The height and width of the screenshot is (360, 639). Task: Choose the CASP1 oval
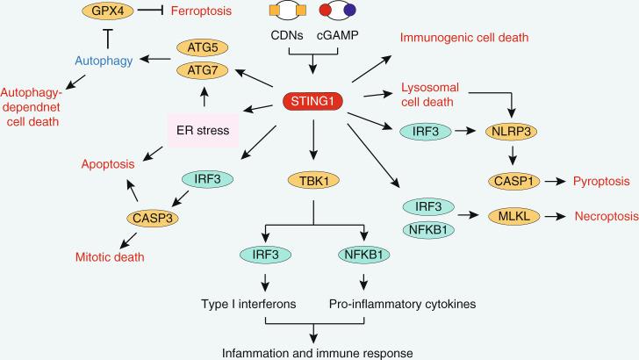(x=514, y=182)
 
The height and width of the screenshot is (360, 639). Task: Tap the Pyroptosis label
(x=601, y=182)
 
